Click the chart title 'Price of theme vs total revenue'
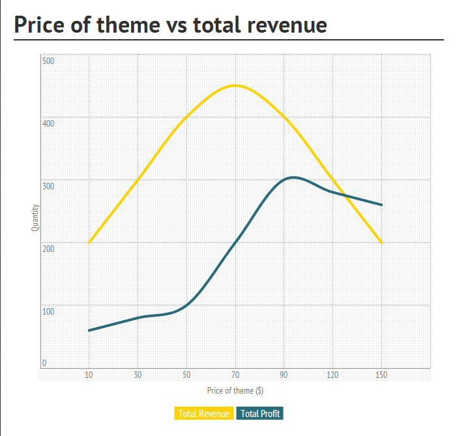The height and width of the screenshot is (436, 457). click(x=170, y=24)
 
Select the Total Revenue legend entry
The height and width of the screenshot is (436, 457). click(x=204, y=413)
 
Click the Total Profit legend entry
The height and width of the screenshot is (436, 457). click(x=260, y=413)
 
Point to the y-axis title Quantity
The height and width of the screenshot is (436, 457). click(x=35, y=218)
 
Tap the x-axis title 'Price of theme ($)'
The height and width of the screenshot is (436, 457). click(x=235, y=390)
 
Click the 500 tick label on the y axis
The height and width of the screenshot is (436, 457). click(x=48, y=61)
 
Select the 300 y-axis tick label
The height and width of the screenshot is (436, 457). click(x=48, y=186)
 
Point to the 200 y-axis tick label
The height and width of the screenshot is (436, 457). click(x=48, y=249)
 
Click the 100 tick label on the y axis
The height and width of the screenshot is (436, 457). click(x=48, y=311)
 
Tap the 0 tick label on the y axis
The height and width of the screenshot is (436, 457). click(x=44, y=363)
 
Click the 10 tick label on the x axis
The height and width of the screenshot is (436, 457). click(x=89, y=375)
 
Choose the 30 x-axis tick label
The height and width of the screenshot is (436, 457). click(x=138, y=375)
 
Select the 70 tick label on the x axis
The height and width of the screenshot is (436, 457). click(x=235, y=375)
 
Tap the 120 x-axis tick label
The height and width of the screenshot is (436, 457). click(x=333, y=375)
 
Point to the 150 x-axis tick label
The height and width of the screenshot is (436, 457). click(x=382, y=375)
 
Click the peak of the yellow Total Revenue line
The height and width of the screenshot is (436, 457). click(x=235, y=86)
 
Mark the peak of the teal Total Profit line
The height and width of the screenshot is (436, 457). click(x=293, y=177)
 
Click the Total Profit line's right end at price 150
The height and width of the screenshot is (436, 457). click(x=382, y=205)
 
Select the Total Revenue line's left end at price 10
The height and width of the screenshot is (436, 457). click(x=89, y=243)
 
